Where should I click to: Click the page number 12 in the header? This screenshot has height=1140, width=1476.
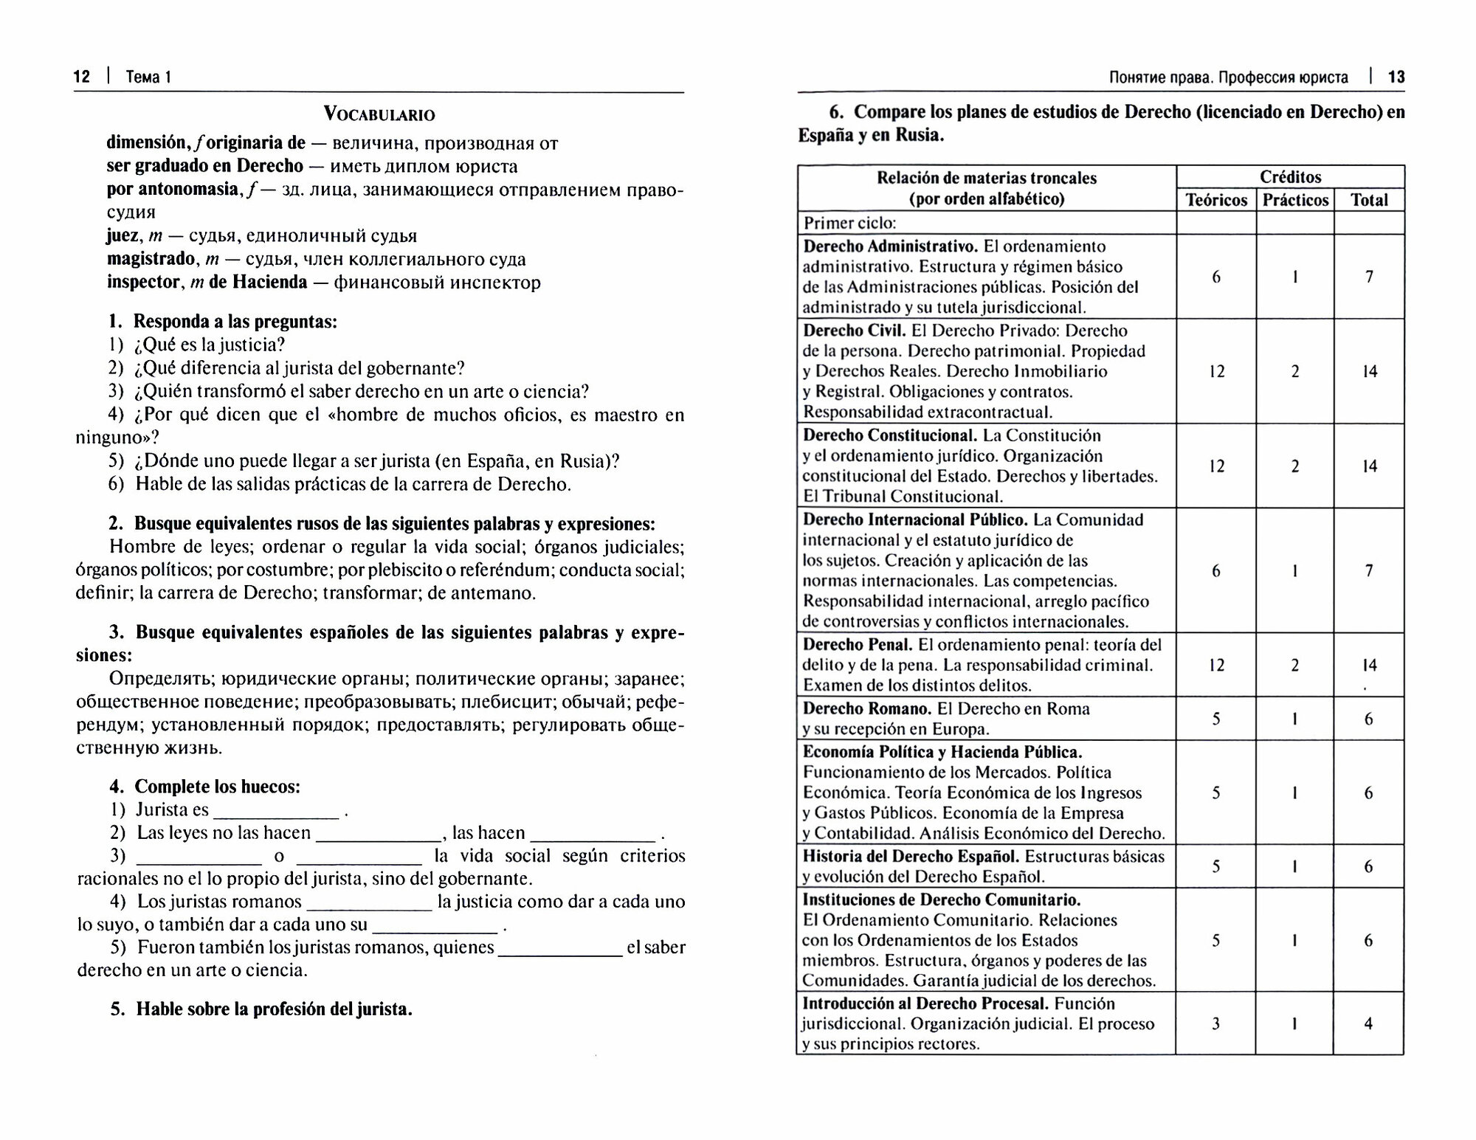(x=82, y=77)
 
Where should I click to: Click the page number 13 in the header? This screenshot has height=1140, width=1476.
(x=1396, y=77)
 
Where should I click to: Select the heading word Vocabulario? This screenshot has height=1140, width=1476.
(x=379, y=115)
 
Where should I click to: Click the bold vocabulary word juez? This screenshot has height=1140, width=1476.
(x=123, y=236)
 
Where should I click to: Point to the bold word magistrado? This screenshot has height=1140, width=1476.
(x=151, y=260)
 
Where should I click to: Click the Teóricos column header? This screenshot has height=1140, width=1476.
(x=1216, y=200)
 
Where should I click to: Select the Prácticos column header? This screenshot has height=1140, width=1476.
(x=1295, y=200)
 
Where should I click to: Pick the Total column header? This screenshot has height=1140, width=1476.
(x=1369, y=200)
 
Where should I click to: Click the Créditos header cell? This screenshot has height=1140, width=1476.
(x=1290, y=177)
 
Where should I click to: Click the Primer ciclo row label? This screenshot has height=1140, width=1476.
(x=849, y=223)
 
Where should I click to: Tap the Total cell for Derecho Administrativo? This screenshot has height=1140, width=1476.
(x=1369, y=277)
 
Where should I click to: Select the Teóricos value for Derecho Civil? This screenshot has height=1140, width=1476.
(x=1216, y=372)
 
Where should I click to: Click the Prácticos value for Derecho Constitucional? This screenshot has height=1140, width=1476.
(x=1294, y=466)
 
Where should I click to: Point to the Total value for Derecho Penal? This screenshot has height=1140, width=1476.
(x=1369, y=666)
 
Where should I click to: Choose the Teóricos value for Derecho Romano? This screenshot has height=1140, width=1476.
(x=1216, y=719)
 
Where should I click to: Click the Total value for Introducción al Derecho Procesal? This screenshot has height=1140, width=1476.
(x=1368, y=1024)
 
